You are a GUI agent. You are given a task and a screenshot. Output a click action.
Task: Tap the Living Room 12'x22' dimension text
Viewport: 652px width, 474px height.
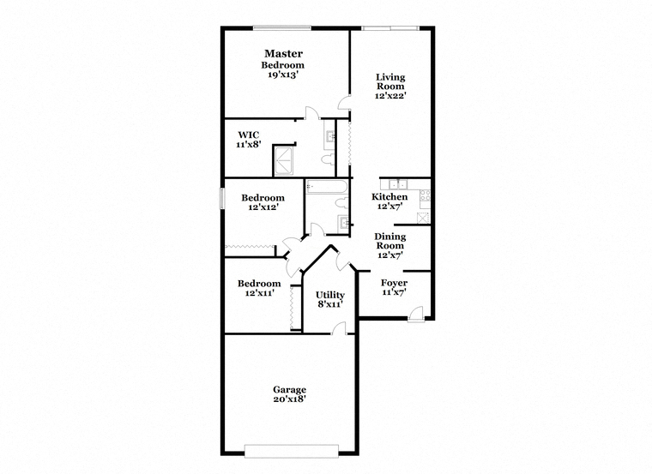(x=390, y=95)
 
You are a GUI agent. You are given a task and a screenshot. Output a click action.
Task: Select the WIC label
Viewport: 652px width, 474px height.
(x=249, y=135)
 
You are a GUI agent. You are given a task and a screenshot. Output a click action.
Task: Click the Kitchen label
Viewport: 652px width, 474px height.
(x=389, y=196)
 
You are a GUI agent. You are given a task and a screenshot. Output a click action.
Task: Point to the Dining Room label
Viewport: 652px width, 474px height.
(x=390, y=241)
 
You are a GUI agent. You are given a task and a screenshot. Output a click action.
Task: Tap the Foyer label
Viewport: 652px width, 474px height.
(x=394, y=283)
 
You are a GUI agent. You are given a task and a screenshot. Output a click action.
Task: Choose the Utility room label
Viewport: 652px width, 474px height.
(x=330, y=295)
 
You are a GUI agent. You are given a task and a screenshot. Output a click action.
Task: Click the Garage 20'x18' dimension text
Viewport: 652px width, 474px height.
(x=290, y=399)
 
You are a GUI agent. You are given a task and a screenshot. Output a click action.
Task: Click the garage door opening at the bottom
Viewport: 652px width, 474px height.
(x=292, y=451)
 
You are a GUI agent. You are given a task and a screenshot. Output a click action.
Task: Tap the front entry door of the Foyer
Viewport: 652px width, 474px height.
(x=416, y=314)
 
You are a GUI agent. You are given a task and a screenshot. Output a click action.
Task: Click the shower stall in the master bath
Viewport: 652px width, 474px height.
(x=284, y=160)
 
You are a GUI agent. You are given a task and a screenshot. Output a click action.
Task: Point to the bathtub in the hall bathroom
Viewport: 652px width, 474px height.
(x=326, y=187)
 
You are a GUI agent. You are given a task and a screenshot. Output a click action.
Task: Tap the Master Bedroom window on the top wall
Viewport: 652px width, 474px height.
(x=282, y=27)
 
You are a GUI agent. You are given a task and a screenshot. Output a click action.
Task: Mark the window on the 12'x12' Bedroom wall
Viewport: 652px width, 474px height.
(x=222, y=198)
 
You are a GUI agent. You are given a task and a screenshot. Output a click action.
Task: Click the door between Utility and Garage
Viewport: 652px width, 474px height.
(x=339, y=327)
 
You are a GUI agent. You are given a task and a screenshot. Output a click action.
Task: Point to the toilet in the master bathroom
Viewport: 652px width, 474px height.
(x=328, y=159)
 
